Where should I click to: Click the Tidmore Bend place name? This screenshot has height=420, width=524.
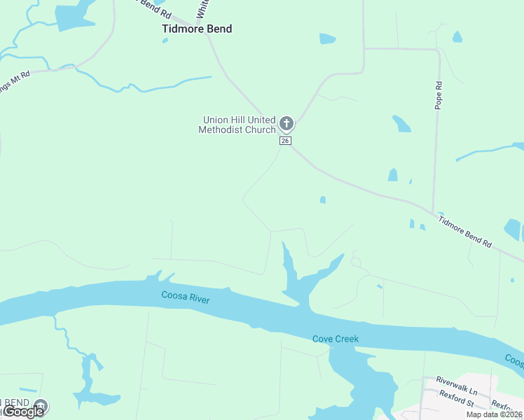[197, 29]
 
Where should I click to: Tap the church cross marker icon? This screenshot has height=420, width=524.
[286, 124]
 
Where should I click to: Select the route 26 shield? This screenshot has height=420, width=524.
[285, 141]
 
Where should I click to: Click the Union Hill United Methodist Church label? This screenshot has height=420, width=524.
[237, 125]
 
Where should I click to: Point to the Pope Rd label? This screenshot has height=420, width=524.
[439, 94]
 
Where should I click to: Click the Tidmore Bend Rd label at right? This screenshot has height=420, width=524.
[465, 230]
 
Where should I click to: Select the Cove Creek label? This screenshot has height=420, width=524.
[335, 339]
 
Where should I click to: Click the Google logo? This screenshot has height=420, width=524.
[23, 412]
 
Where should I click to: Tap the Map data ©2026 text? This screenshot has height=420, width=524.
[495, 414]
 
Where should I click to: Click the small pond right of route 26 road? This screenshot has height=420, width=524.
[322, 200]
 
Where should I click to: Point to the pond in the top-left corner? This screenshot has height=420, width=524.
[74, 15]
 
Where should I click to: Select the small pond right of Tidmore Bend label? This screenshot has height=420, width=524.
[327, 38]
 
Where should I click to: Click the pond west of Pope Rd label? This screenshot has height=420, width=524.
[401, 124]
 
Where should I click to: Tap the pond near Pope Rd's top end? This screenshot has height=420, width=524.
[457, 36]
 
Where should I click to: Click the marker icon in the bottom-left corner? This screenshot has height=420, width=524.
[41, 405]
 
